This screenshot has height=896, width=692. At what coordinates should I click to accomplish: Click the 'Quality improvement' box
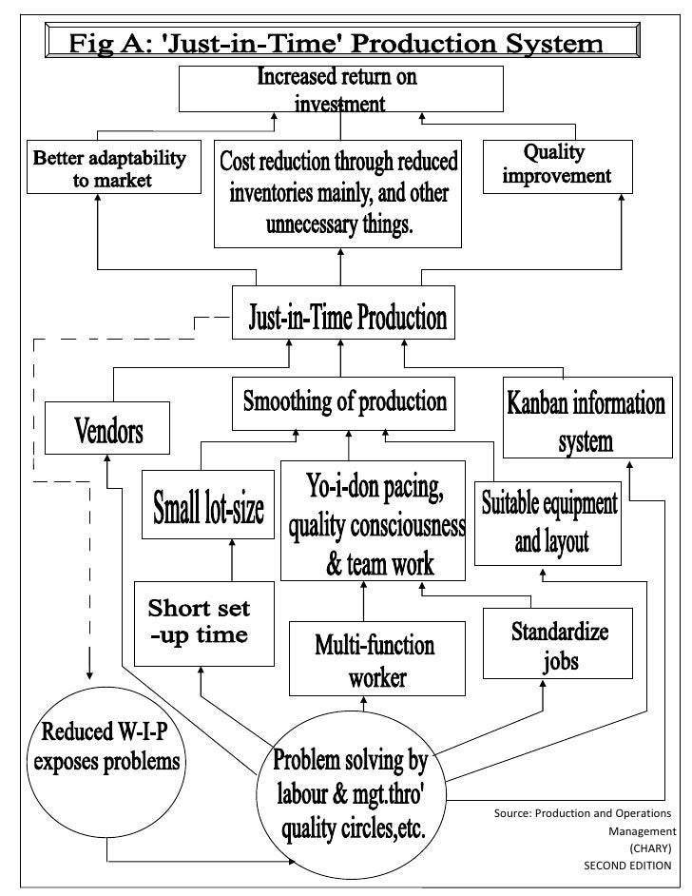[556, 166]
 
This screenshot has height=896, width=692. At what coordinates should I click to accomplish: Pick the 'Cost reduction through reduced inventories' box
[339, 194]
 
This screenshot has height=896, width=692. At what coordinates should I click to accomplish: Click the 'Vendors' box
[108, 430]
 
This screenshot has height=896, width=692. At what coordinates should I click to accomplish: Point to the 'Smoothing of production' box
[344, 400]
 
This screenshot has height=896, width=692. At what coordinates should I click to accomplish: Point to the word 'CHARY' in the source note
[650, 848]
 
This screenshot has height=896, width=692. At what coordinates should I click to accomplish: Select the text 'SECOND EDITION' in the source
[626, 866]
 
